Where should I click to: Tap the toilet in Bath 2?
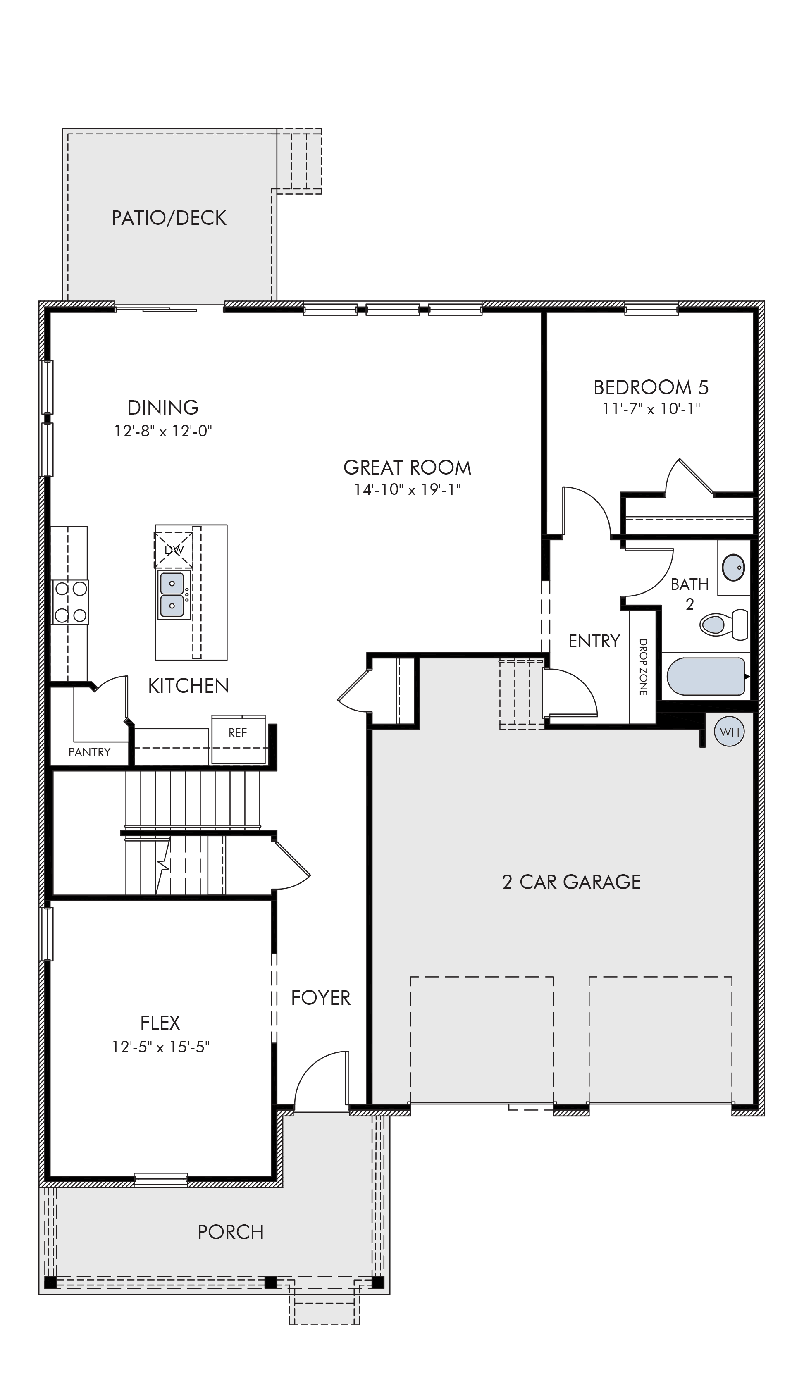[723, 625]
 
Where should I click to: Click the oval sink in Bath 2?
[733, 568]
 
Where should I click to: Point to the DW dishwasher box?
[174, 550]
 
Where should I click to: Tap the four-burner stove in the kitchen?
[70, 601]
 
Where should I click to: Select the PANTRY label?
[89, 752]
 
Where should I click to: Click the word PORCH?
[231, 1232]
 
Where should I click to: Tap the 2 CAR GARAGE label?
[571, 882]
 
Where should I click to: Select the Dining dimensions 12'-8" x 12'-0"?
[163, 431]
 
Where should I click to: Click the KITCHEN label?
[188, 686]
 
